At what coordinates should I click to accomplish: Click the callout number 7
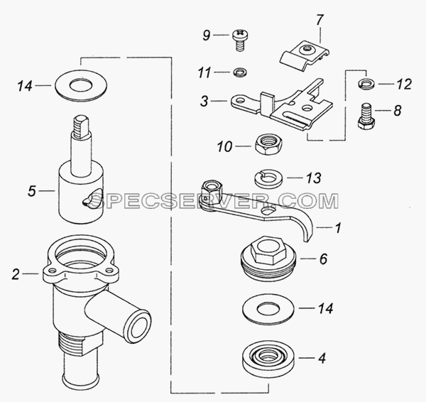[x=319, y=20]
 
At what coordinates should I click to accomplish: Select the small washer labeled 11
[x=240, y=72]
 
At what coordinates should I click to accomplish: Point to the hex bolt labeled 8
[x=366, y=116]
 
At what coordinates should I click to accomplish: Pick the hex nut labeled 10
[x=268, y=144]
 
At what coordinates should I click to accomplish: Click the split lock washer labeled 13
[x=268, y=178]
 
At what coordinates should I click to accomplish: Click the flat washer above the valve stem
[x=81, y=86]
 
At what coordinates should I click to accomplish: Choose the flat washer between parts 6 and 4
[x=268, y=310]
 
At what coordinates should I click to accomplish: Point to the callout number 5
[x=32, y=191]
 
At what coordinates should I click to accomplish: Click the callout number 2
[x=16, y=274]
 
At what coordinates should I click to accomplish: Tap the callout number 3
[x=204, y=101]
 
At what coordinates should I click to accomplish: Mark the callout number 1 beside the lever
[x=338, y=227]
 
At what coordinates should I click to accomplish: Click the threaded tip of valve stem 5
[x=80, y=126]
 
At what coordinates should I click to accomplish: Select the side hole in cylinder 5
[x=91, y=200]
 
